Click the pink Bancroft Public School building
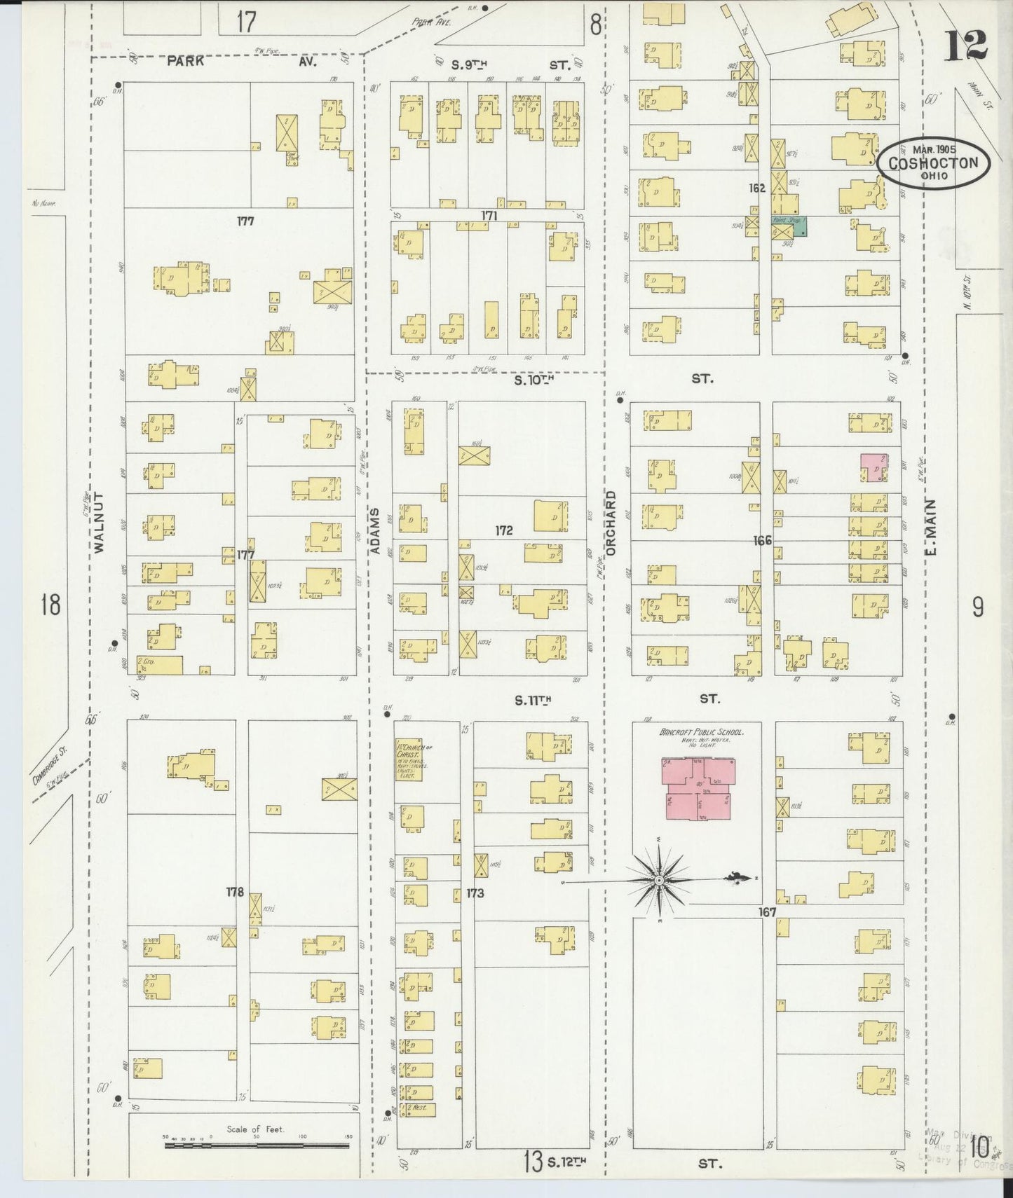point(698,788)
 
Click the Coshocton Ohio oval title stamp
point(933,162)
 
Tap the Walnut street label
point(98,523)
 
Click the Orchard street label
point(610,523)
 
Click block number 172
point(503,530)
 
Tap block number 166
point(762,540)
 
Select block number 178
point(235,892)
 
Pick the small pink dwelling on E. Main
point(874,467)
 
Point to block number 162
point(756,188)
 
